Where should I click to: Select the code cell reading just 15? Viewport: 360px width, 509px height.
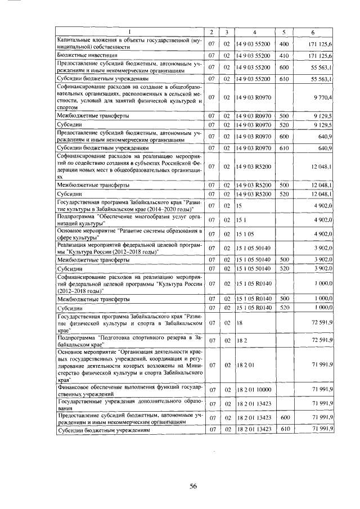coord(240,206)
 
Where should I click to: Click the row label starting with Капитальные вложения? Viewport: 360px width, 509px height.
coord(129,43)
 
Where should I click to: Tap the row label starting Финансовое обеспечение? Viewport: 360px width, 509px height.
coord(129,389)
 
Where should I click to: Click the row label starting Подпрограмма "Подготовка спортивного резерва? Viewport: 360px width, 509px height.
coord(129,340)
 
